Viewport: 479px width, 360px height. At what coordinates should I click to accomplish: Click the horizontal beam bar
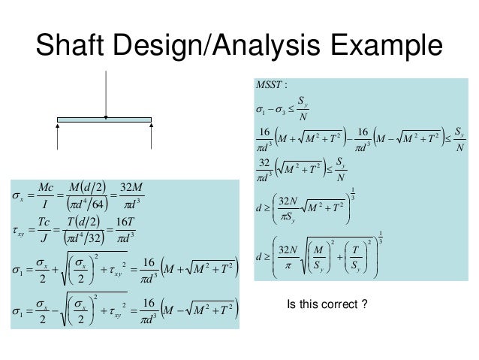(x=106, y=119)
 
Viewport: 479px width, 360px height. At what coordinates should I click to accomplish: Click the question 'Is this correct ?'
(x=325, y=306)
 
